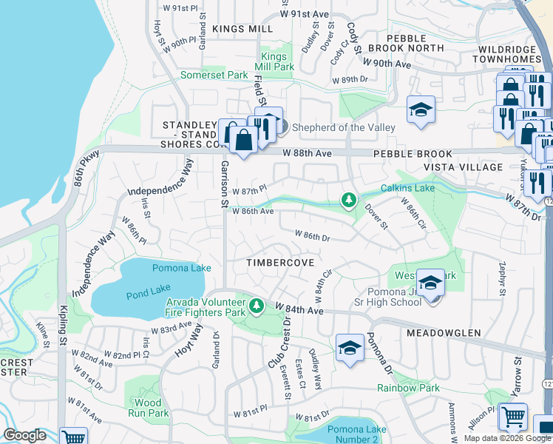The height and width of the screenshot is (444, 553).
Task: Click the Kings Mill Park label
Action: click(276, 61)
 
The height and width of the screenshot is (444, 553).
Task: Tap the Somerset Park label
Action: click(214, 75)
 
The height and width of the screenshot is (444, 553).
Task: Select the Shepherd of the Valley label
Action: click(344, 127)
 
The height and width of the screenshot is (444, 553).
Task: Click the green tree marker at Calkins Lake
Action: click(347, 200)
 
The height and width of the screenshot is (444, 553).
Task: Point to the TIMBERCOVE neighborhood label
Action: click(280, 263)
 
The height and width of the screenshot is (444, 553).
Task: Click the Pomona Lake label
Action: click(177, 268)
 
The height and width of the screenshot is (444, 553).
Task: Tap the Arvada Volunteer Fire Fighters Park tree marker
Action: click(257, 305)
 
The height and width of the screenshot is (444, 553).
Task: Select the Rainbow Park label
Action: click(408, 388)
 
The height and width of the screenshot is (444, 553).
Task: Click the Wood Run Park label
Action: click(149, 408)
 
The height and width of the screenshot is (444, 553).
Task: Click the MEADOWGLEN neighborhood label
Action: click(438, 334)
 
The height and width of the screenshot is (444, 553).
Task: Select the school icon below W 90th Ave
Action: click(421, 111)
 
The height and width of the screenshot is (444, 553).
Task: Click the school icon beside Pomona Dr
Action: click(350, 348)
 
